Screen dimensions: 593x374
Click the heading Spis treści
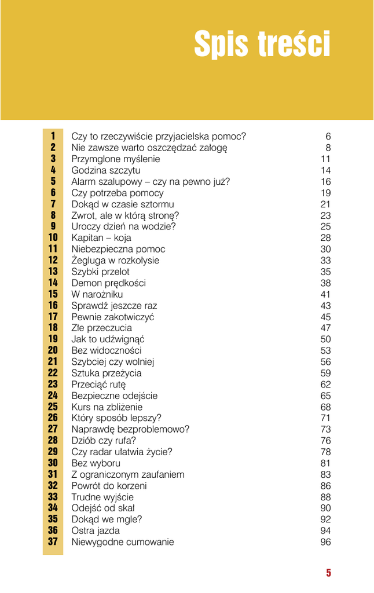(x=262, y=44)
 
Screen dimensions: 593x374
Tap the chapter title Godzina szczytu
(x=105, y=171)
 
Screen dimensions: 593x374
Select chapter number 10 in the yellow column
(x=53, y=238)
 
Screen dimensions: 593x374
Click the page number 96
(x=325, y=543)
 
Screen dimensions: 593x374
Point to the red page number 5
(x=328, y=573)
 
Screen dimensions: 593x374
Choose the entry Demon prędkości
(x=108, y=283)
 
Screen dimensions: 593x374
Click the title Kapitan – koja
(x=101, y=238)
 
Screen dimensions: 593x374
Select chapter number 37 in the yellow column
(x=53, y=543)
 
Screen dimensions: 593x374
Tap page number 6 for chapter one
(x=328, y=137)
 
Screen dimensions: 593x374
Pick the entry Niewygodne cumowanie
(x=122, y=543)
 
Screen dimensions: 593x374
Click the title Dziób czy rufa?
(x=104, y=441)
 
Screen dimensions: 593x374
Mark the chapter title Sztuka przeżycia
(x=106, y=374)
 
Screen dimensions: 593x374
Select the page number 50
(x=325, y=339)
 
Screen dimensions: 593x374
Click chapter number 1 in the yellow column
(x=53, y=137)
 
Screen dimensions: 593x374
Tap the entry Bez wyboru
(x=96, y=463)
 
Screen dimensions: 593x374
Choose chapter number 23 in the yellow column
(x=53, y=385)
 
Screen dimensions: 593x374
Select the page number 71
(x=325, y=418)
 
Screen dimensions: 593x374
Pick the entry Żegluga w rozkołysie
(x=115, y=261)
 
